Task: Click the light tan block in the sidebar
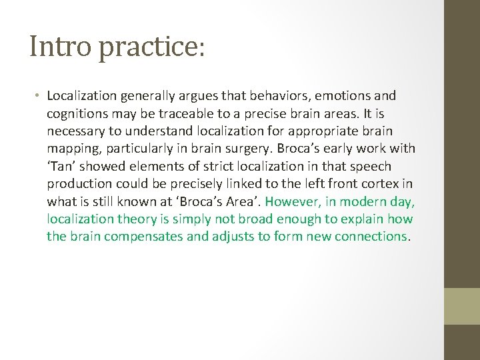(x=461, y=306)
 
